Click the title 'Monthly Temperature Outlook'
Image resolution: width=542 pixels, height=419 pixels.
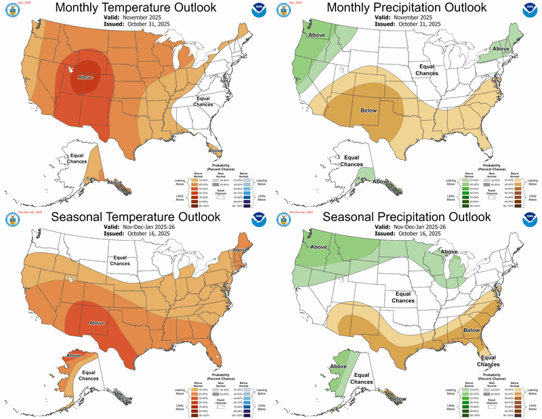click(135, 7)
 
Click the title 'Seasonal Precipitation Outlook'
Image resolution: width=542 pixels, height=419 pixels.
click(405, 218)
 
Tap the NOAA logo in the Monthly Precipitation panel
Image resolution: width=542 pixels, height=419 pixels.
click(530, 11)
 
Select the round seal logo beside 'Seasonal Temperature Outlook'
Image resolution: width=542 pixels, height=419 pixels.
click(12, 220)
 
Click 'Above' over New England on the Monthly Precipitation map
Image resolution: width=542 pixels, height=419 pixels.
click(501, 49)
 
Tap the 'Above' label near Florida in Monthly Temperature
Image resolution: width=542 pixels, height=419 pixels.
click(215, 150)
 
